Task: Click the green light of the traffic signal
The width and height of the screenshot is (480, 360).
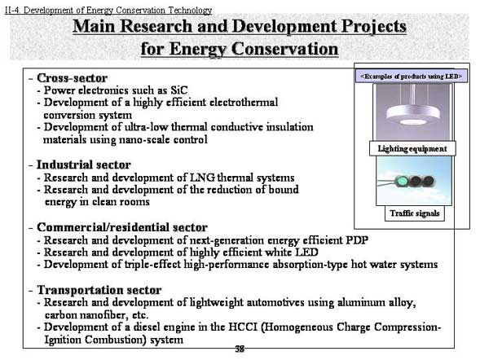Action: pos(401,182)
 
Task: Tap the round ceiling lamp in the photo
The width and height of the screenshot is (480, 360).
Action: pos(413,116)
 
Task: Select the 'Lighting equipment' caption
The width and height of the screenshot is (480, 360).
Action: pos(412,149)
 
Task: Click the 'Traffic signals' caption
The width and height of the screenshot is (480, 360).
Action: pos(415,213)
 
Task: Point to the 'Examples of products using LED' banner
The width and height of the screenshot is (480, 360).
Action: pos(411,77)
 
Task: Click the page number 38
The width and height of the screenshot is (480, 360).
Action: pos(240,349)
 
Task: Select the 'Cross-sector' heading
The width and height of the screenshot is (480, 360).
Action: pos(73,78)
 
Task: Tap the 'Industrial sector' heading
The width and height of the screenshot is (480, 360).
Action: pos(84,165)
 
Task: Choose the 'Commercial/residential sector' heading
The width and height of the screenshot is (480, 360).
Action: pos(122,227)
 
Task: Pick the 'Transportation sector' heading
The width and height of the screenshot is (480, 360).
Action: pos(99,290)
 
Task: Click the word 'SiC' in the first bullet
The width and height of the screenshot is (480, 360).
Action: pos(179,90)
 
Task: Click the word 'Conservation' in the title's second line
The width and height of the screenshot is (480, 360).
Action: pos(284,49)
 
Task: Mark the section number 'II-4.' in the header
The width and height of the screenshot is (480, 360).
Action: pos(13,10)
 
